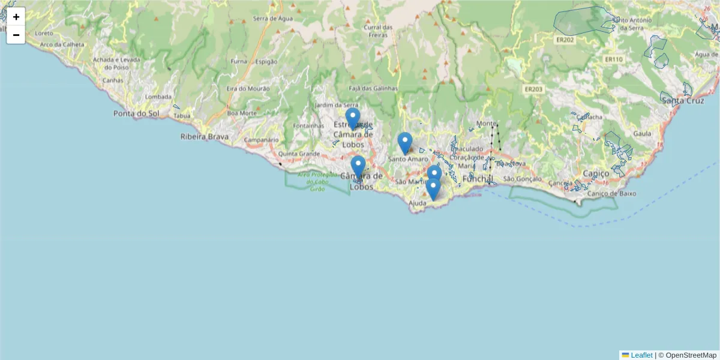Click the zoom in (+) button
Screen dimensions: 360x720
click(x=16, y=17)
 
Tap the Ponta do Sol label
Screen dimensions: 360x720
click(x=136, y=113)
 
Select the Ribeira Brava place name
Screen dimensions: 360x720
click(x=205, y=137)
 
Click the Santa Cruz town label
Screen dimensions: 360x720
click(x=683, y=100)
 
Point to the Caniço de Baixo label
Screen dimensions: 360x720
click(x=611, y=193)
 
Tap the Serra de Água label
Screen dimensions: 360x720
click(x=274, y=19)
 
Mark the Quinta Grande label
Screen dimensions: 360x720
click(x=299, y=153)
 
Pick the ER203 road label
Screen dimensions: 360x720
click(x=533, y=89)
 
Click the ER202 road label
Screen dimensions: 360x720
click(x=565, y=40)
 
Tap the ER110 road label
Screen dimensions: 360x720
click(x=614, y=59)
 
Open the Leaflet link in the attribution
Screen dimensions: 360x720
click(x=641, y=355)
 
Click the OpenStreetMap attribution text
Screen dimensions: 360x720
click(x=691, y=355)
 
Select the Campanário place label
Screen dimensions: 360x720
click(x=262, y=140)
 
